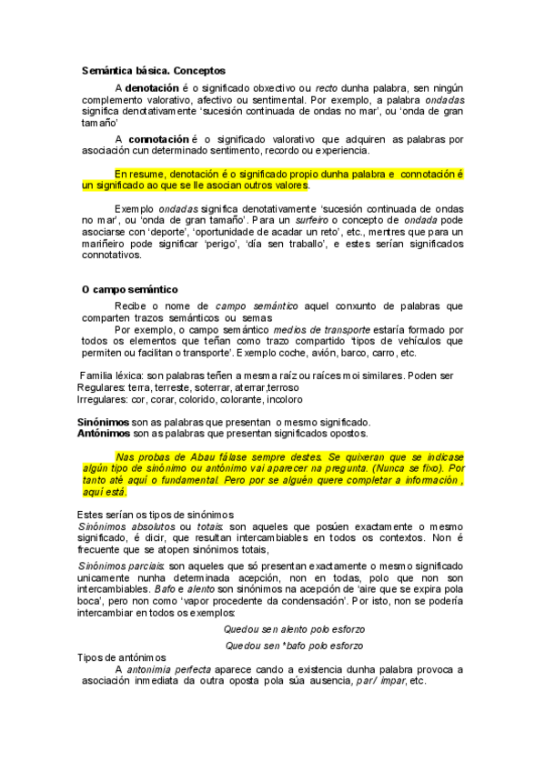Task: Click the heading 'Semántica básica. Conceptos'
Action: point(153,70)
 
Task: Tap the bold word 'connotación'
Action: point(160,139)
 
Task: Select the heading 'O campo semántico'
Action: point(129,289)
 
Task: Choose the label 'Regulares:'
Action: point(102,387)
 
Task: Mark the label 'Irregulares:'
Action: point(104,399)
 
